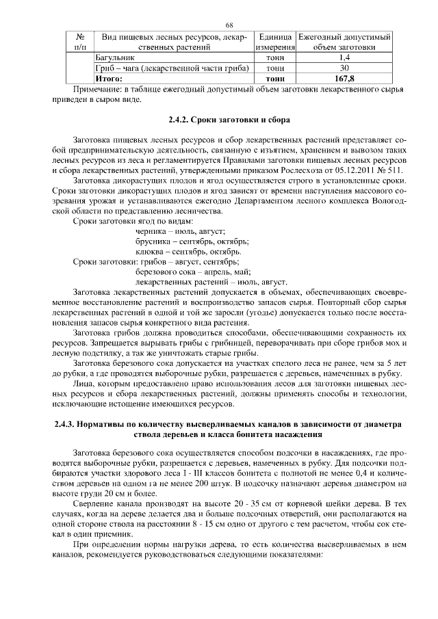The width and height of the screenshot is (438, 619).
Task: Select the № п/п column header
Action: click(x=80, y=42)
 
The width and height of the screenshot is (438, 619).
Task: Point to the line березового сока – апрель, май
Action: click(x=194, y=272)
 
